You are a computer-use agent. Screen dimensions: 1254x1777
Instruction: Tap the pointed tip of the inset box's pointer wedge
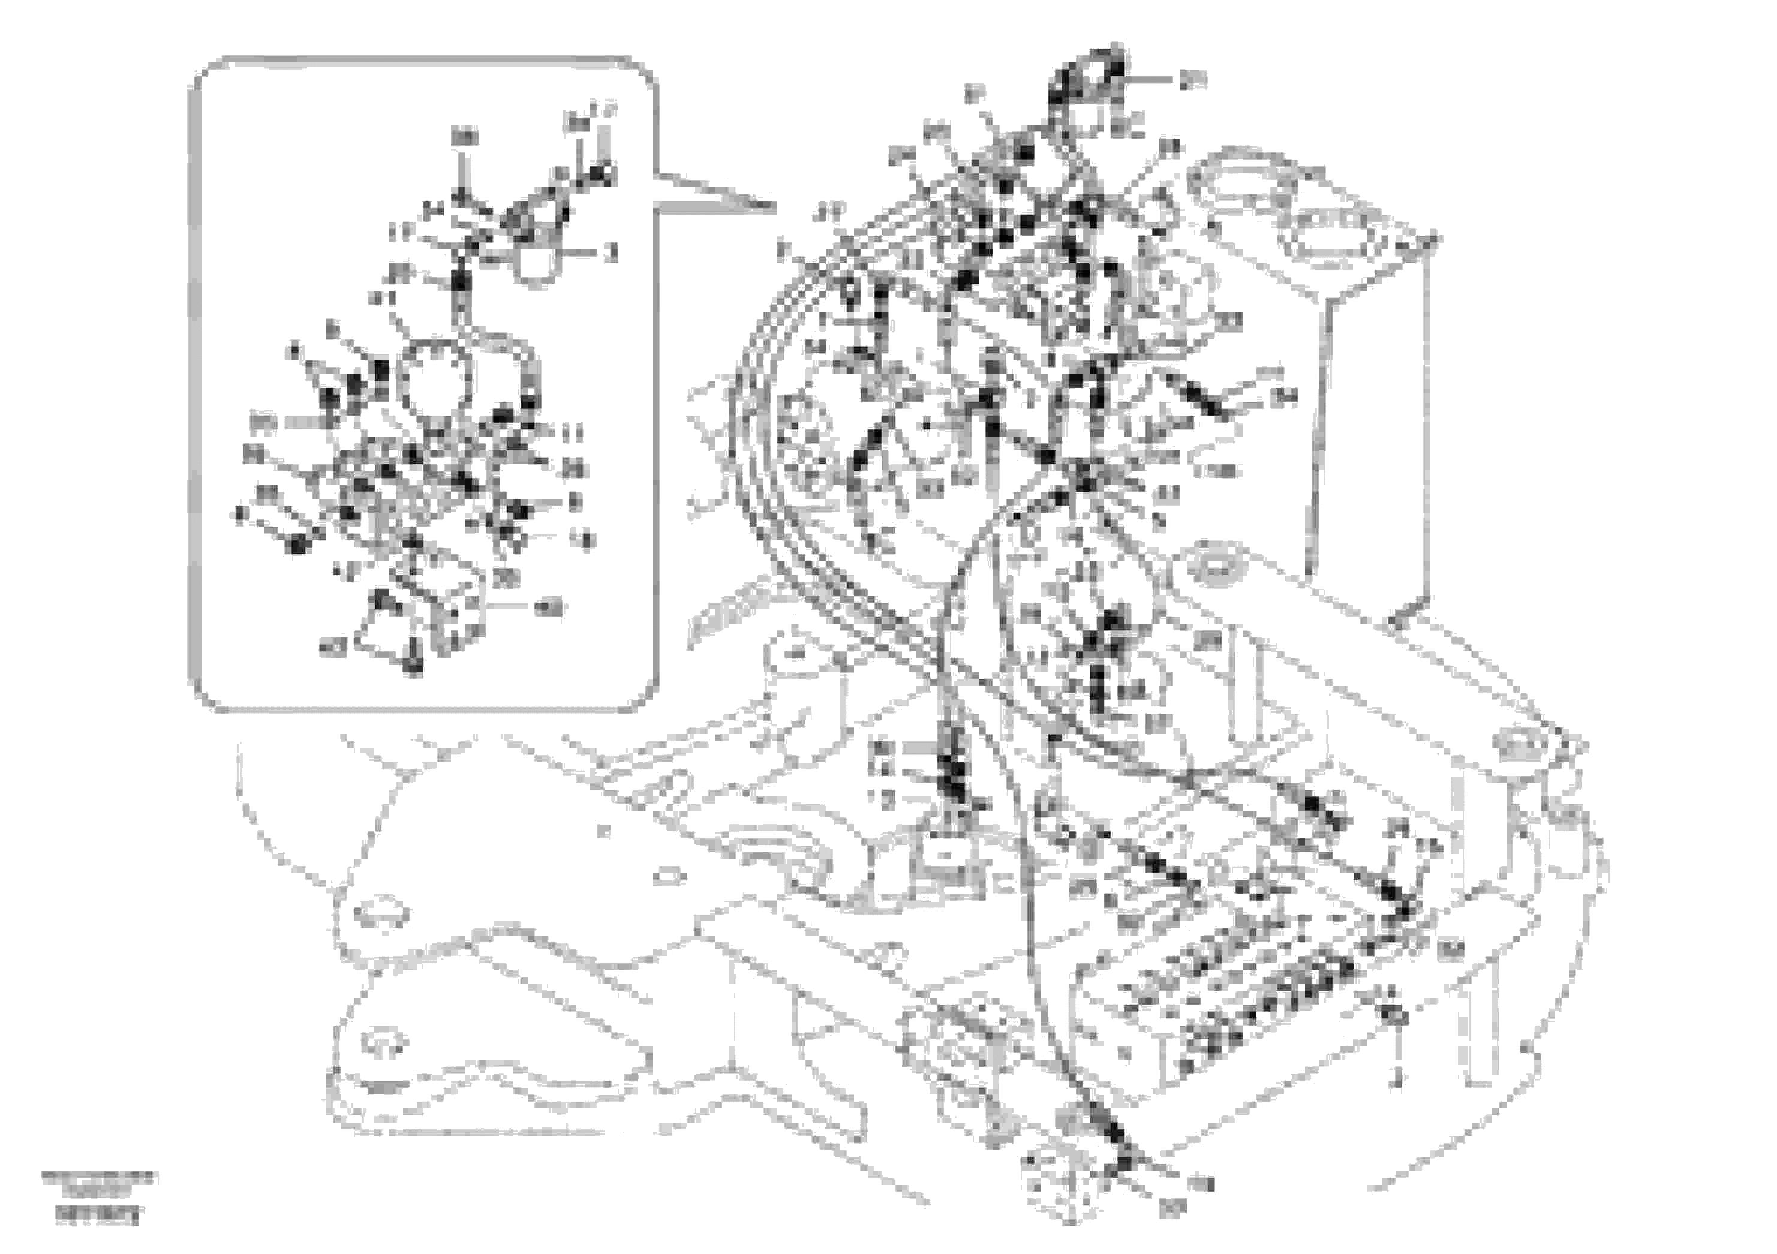774,208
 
